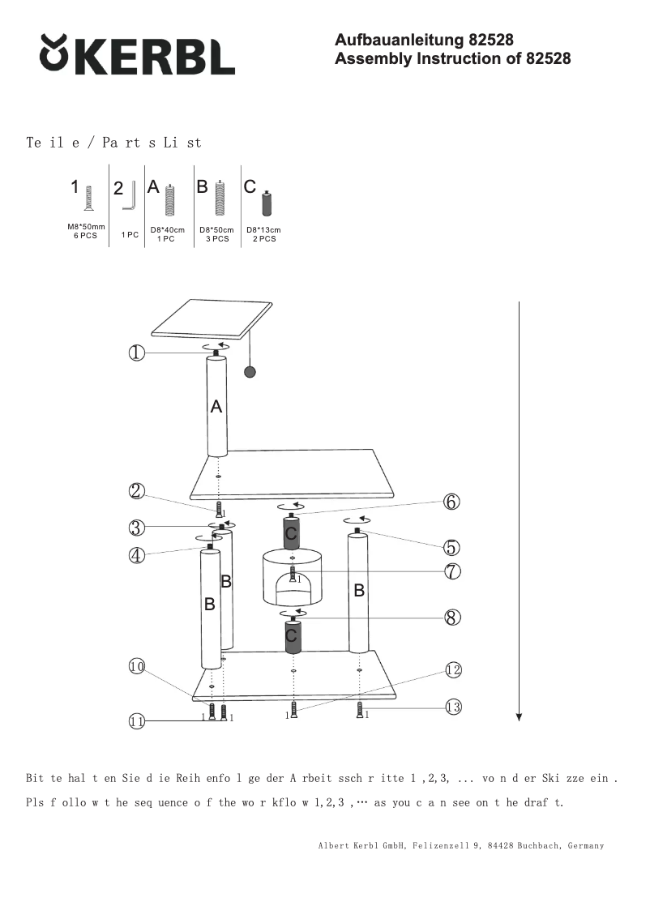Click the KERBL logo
click(x=137, y=55)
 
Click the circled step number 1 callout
click(x=136, y=353)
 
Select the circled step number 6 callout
click(x=451, y=502)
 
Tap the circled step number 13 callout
click(x=453, y=707)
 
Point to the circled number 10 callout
click(x=136, y=666)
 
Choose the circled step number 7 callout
click(x=452, y=571)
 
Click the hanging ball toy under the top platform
click(x=250, y=372)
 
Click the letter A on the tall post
click(x=216, y=408)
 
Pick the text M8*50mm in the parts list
click(x=86, y=227)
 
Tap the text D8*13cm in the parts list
click(x=263, y=230)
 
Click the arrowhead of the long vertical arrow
click(x=519, y=716)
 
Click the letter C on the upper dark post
click(x=291, y=533)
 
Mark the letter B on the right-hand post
click(x=359, y=592)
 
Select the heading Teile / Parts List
click(x=114, y=143)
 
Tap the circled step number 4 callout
click(x=136, y=556)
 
